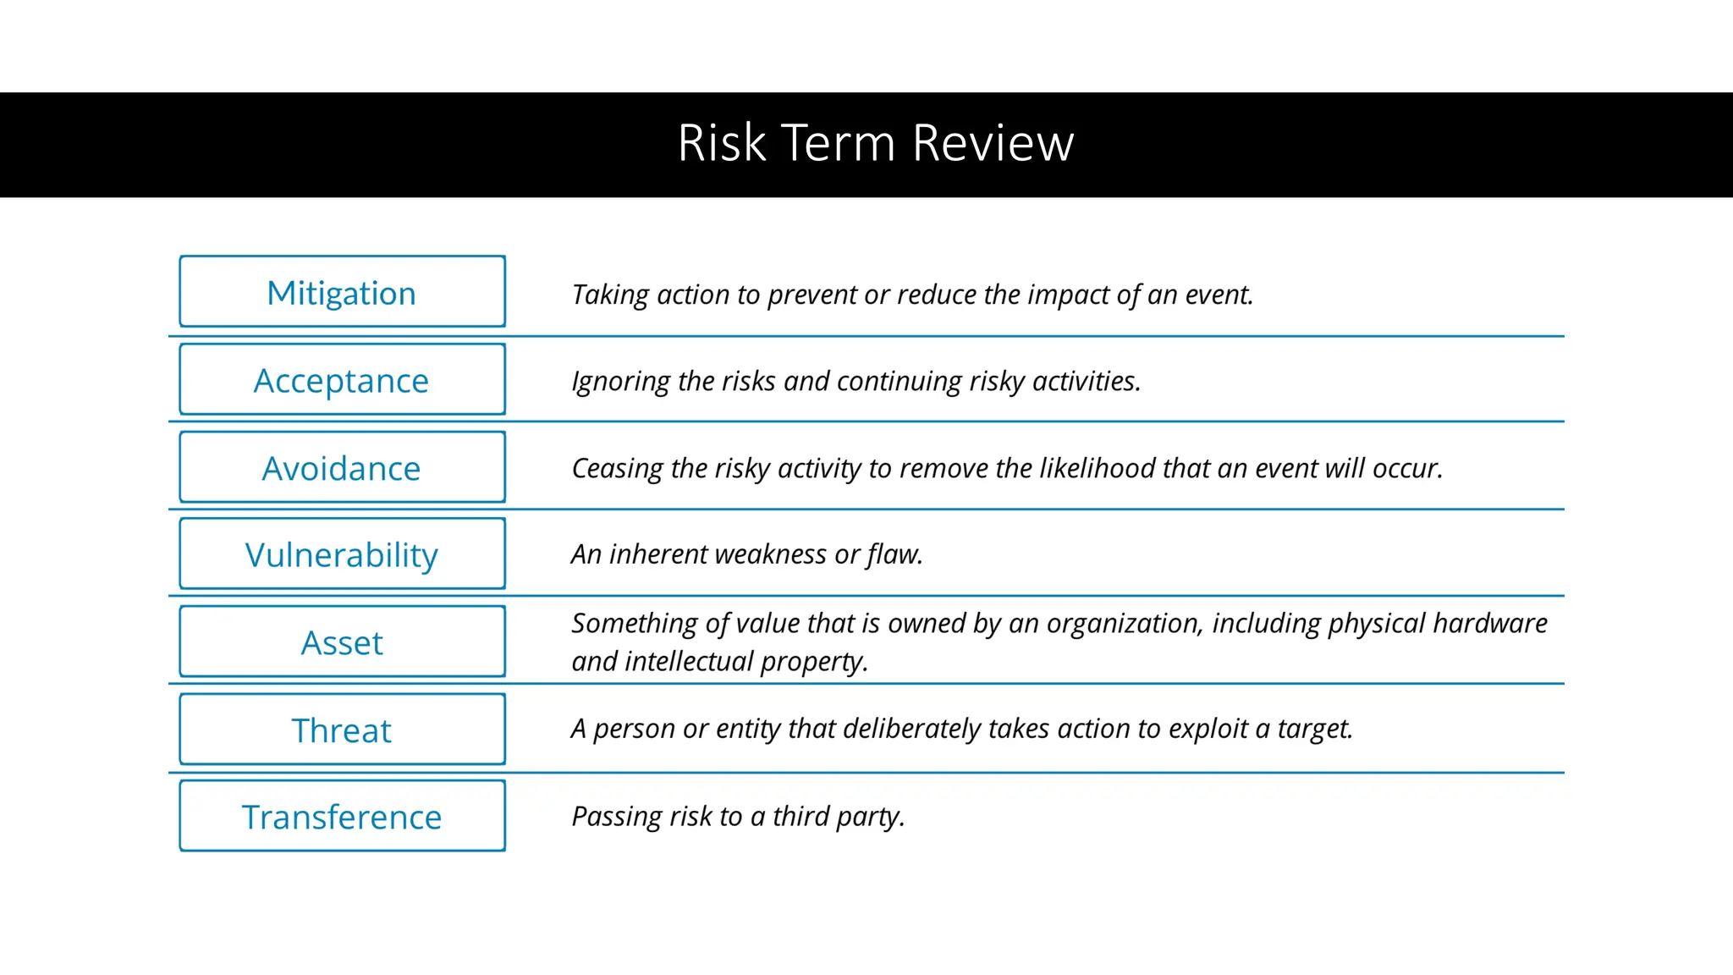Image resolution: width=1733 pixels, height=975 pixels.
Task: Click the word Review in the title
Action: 993,143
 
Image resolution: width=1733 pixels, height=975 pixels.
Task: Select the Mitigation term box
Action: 342,292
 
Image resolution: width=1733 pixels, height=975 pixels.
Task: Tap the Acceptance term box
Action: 342,380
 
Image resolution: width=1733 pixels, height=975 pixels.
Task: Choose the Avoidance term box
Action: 342,468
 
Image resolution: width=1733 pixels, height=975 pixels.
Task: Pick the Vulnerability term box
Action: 342,555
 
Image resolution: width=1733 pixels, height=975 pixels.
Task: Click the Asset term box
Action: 342,642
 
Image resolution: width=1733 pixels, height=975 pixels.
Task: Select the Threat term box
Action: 342,730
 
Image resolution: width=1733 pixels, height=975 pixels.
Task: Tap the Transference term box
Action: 342,817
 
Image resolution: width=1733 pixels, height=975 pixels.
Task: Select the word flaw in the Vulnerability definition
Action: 894,554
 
